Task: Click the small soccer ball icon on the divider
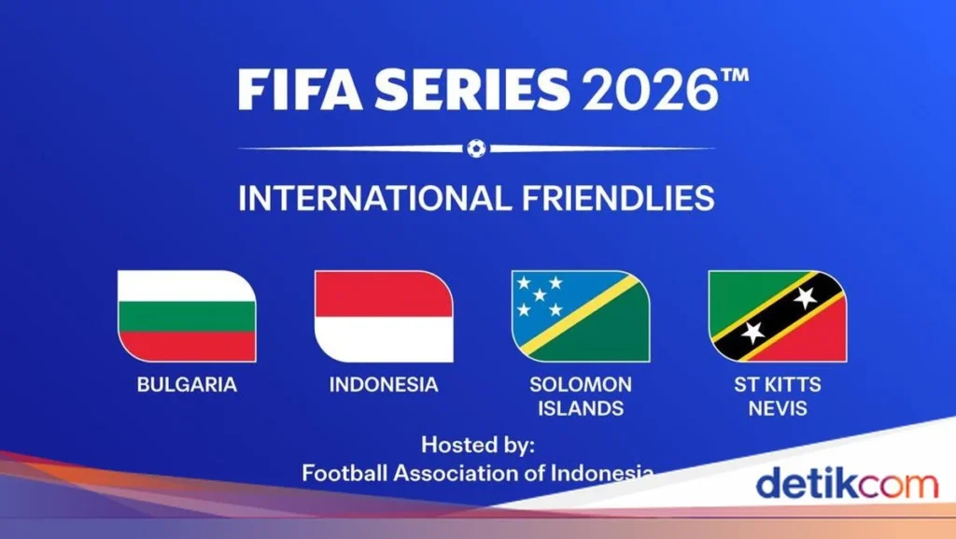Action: (x=476, y=148)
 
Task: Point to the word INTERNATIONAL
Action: (x=373, y=198)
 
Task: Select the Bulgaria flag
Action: (x=187, y=316)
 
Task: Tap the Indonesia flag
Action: (x=384, y=316)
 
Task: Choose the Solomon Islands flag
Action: (x=581, y=316)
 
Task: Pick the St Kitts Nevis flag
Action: (x=778, y=316)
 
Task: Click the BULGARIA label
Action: (x=187, y=384)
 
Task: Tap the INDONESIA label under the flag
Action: (x=384, y=384)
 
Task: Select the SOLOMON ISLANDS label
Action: (x=581, y=396)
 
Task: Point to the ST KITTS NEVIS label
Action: (x=778, y=396)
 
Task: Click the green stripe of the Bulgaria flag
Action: (x=187, y=316)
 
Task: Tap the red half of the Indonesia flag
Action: (x=384, y=294)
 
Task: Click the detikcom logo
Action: (x=846, y=484)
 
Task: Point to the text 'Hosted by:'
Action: (x=477, y=444)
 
